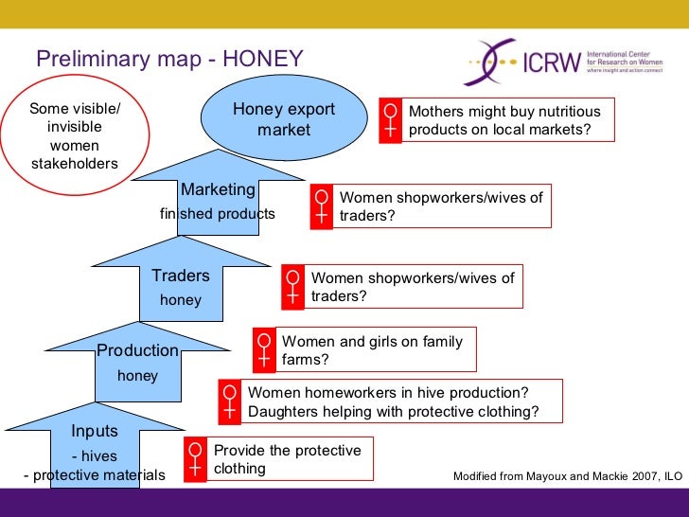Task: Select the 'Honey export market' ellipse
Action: [284, 119]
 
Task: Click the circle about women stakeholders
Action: [75, 136]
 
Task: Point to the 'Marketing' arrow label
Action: [219, 189]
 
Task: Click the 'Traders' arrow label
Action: [180, 276]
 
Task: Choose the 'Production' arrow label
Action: [137, 350]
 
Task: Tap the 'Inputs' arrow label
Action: [95, 431]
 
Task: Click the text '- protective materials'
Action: [93, 474]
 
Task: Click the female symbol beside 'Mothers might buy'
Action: [390, 120]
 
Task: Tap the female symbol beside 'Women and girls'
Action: [264, 350]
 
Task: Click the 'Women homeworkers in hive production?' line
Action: [388, 393]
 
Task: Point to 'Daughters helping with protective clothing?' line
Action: [393, 411]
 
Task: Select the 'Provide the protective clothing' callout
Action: [288, 459]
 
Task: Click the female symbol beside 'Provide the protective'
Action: [195, 459]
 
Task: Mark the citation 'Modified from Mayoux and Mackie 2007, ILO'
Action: [565, 474]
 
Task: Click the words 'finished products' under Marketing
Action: [218, 214]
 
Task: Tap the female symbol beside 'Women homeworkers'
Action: [229, 401]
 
